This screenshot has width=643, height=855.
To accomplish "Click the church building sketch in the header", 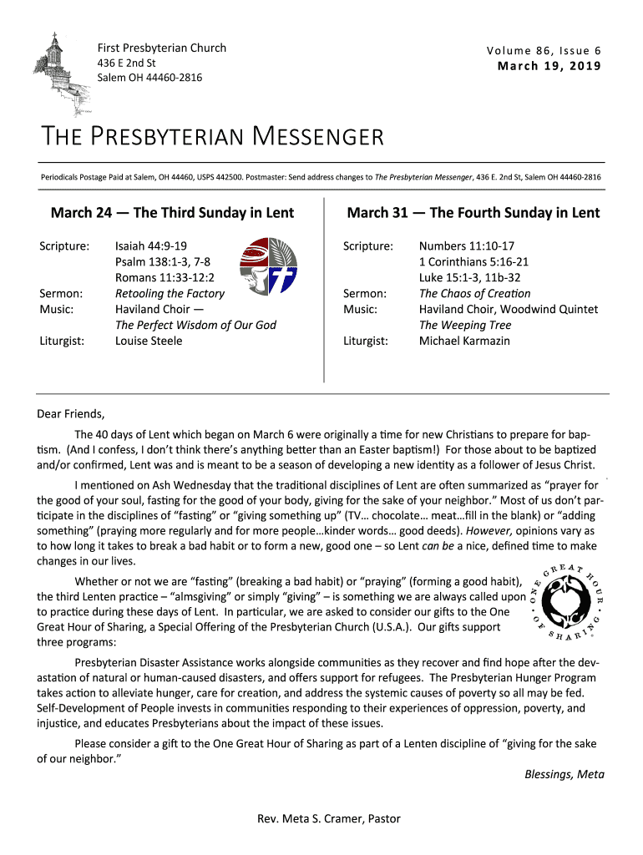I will point(60,71).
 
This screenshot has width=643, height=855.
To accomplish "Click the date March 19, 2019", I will point(549,66).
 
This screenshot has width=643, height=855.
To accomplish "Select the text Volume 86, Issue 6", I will point(544,50).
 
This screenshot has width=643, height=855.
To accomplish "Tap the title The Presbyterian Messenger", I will point(213,136).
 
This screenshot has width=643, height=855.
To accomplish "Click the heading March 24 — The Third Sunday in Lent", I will point(172,213).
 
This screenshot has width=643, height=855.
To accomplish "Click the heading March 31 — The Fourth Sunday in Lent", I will point(473,213).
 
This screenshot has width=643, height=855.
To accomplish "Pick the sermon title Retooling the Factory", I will point(170,293).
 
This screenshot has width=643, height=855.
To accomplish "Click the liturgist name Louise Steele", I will point(149,341).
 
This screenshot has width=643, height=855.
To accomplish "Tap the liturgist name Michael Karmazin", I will point(464,341).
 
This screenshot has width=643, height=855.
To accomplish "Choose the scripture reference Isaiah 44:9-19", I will point(150,246).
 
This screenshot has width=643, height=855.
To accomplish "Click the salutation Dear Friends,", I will point(72,413).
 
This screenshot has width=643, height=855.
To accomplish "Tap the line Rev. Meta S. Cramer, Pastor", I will point(329,818).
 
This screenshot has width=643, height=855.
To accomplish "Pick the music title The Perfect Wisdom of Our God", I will point(195,325).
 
